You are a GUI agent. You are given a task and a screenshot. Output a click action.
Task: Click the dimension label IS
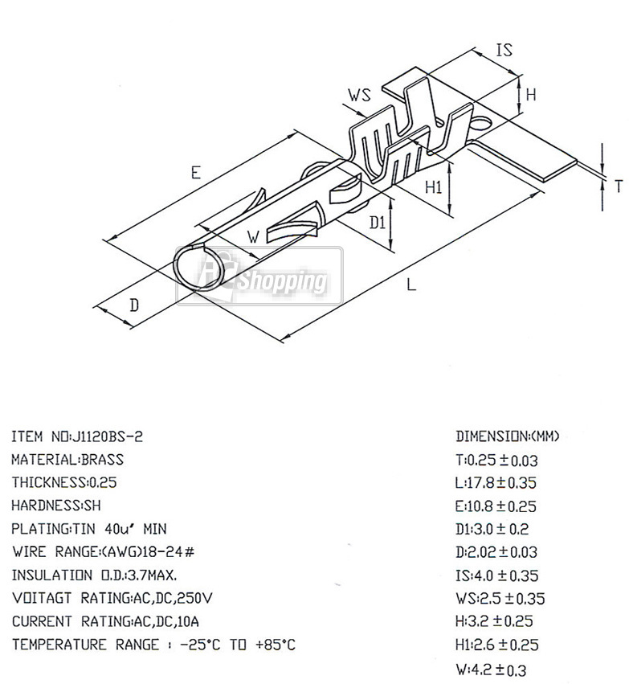[504, 50]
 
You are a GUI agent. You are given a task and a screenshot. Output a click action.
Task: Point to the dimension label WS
[360, 95]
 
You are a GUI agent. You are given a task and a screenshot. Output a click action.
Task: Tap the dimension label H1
[433, 186]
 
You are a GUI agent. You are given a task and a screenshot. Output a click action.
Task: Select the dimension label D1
[378, 223]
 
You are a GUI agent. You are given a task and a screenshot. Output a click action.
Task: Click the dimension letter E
[196, 173]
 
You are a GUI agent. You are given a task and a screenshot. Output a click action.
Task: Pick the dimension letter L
[411, 285]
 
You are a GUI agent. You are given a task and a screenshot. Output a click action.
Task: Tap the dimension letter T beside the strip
[618, 186]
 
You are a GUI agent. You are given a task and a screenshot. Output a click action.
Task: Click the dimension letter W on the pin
[253, 237]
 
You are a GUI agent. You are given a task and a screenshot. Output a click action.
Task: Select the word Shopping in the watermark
[282, 281]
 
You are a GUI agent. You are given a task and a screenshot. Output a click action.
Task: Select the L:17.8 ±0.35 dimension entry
[496, 483]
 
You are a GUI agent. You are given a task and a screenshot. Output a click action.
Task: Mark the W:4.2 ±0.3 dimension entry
[491, 670]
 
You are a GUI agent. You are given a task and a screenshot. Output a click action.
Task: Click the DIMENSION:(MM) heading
[508, 436]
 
